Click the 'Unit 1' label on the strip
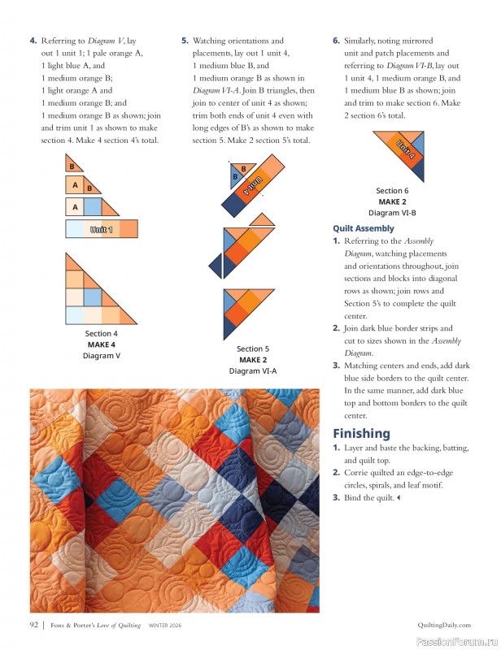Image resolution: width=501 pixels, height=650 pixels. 102,230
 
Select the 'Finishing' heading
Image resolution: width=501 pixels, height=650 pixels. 361,433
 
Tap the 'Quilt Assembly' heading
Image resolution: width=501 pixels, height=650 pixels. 364,228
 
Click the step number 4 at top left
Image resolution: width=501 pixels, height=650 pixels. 33,41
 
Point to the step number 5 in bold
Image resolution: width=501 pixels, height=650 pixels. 185,41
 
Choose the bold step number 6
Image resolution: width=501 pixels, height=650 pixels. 336,41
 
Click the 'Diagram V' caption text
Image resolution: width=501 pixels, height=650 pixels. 102,355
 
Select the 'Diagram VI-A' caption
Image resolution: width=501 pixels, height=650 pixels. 253,370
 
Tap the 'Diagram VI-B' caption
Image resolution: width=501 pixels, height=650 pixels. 392,212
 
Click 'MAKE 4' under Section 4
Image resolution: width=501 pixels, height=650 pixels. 102,344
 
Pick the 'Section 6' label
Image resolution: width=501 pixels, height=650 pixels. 392,191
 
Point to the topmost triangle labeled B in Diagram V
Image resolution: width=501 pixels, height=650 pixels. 71,167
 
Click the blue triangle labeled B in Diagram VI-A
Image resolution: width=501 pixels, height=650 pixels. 236,175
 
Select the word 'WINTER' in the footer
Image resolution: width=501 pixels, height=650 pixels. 159,625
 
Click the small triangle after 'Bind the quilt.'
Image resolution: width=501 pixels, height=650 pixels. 399,497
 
